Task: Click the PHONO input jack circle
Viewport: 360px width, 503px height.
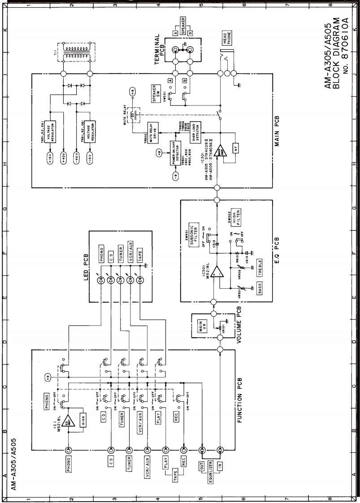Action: [68, 450]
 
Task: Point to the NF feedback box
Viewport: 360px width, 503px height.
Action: [236, 147]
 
